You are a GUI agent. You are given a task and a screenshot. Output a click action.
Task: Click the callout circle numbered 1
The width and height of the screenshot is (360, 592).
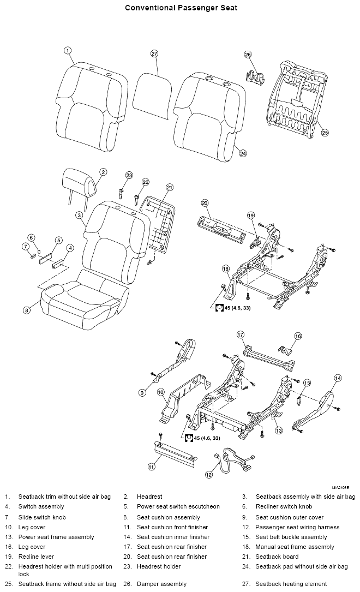(68, 51)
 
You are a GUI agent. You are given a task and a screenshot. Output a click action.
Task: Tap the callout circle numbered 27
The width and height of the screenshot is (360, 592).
(154, 53)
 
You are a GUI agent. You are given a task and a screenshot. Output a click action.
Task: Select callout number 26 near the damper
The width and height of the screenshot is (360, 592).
(248, 55)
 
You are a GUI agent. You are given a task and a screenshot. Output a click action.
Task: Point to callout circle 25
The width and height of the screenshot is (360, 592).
(325, 132)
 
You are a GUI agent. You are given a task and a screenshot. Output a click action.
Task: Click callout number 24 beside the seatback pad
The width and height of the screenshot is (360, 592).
(243, 153)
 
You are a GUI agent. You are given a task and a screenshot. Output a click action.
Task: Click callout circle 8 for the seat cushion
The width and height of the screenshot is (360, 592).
(26, 310)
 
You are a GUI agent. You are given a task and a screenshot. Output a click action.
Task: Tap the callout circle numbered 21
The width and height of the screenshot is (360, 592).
(170, 187)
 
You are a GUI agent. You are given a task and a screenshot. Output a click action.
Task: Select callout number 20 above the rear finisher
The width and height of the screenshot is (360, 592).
(205, 203)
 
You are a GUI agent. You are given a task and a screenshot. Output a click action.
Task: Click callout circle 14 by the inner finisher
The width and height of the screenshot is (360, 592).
(338, 378)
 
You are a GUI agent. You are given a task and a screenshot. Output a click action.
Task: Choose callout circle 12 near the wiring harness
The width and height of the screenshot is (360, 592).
(208, 474)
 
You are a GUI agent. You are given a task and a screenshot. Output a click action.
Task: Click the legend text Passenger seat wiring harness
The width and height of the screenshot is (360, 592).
(297, 527)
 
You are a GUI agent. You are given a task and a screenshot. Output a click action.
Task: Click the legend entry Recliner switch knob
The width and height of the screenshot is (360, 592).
(284, 506)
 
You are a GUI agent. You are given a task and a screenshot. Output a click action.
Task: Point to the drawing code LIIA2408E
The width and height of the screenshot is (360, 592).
(340, 487)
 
